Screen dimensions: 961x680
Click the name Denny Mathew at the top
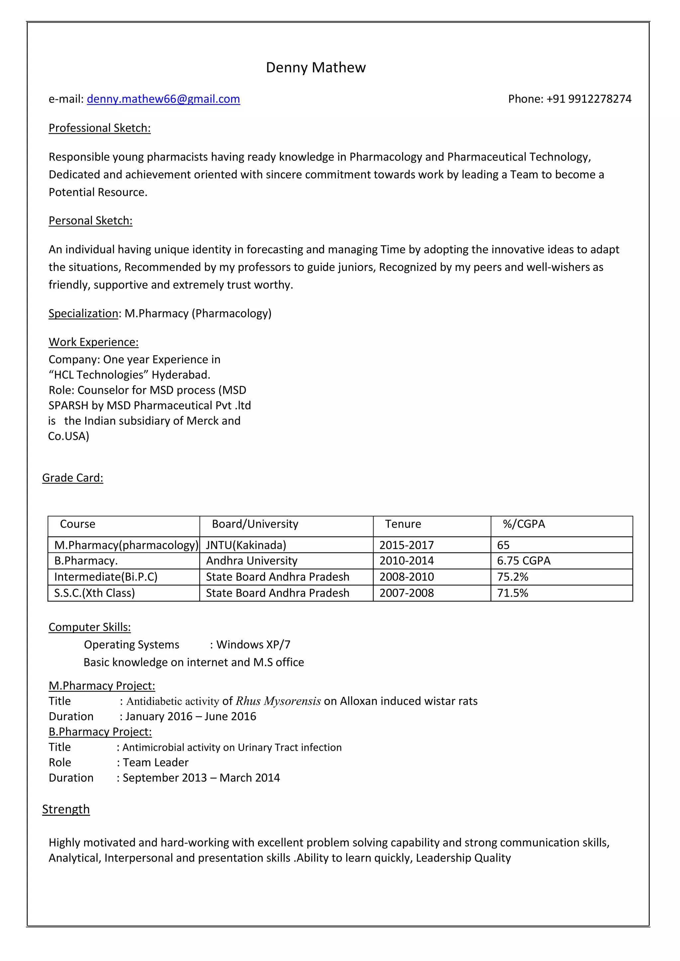[316, 67]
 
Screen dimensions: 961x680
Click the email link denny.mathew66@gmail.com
[163, 99]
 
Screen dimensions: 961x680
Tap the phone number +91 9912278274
[589, 99]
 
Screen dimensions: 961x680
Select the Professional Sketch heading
[100, 128]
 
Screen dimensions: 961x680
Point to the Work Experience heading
[93, 342]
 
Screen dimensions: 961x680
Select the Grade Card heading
[73, 478]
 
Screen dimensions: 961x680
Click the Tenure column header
[403, 524]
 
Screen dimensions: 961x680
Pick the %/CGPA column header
[524, 524]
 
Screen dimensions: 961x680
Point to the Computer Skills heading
[90, 627]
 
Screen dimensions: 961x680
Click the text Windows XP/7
[253, 644]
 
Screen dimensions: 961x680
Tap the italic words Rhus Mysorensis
[278, 701]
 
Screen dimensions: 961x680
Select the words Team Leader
[155, 762]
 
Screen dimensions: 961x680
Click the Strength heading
[66, 809]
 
